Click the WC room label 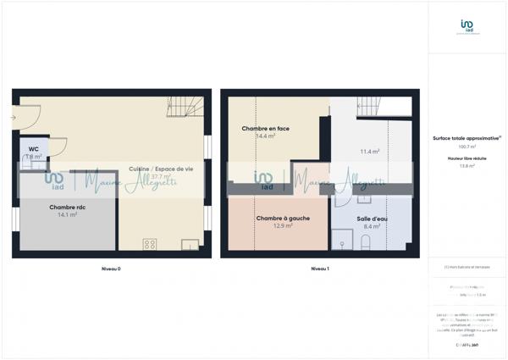(x=33, y=149)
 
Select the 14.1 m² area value (x=67, y=215)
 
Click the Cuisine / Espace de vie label (x=161, y=169)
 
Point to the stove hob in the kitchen (x=150, y=245)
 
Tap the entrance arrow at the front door (x=14, y=117)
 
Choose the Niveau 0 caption (x=108, y=269)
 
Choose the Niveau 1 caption (x=318, y=269)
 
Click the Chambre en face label (x=265, y=129)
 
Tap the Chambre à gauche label (x=282, y=219)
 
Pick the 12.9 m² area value (x=283, y=226)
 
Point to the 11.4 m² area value (x=370, y=152)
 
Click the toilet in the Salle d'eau (x=366, y=243)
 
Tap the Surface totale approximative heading (x=467, y=138)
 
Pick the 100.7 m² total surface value (x=466, y=147)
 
